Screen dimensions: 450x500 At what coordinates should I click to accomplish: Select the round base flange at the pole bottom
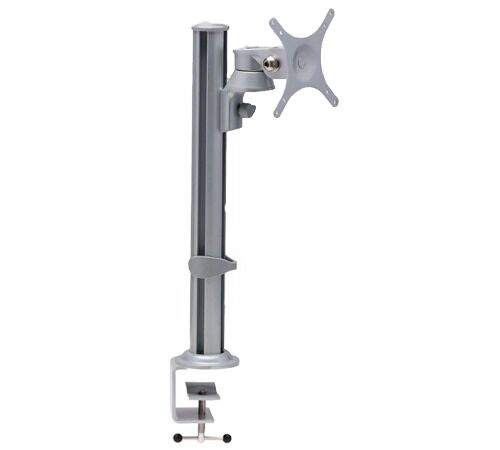coord(206,357)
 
